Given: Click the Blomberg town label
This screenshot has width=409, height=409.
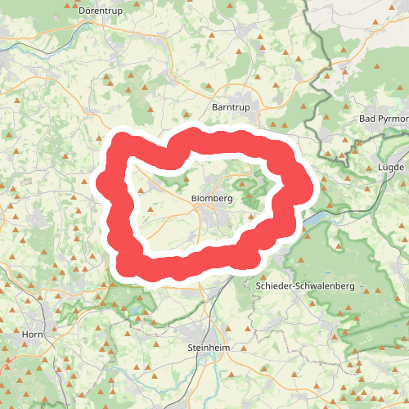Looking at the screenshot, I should coord(212,199).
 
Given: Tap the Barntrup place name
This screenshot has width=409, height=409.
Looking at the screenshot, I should coord(229,107).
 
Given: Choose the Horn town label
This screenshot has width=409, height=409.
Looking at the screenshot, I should coord(33,335).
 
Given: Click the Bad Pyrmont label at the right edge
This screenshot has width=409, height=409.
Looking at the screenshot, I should coord(384,119).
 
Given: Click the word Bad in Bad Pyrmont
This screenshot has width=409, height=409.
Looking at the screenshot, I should coord(367,119).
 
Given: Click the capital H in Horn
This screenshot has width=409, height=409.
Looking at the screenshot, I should coord(25,335).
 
